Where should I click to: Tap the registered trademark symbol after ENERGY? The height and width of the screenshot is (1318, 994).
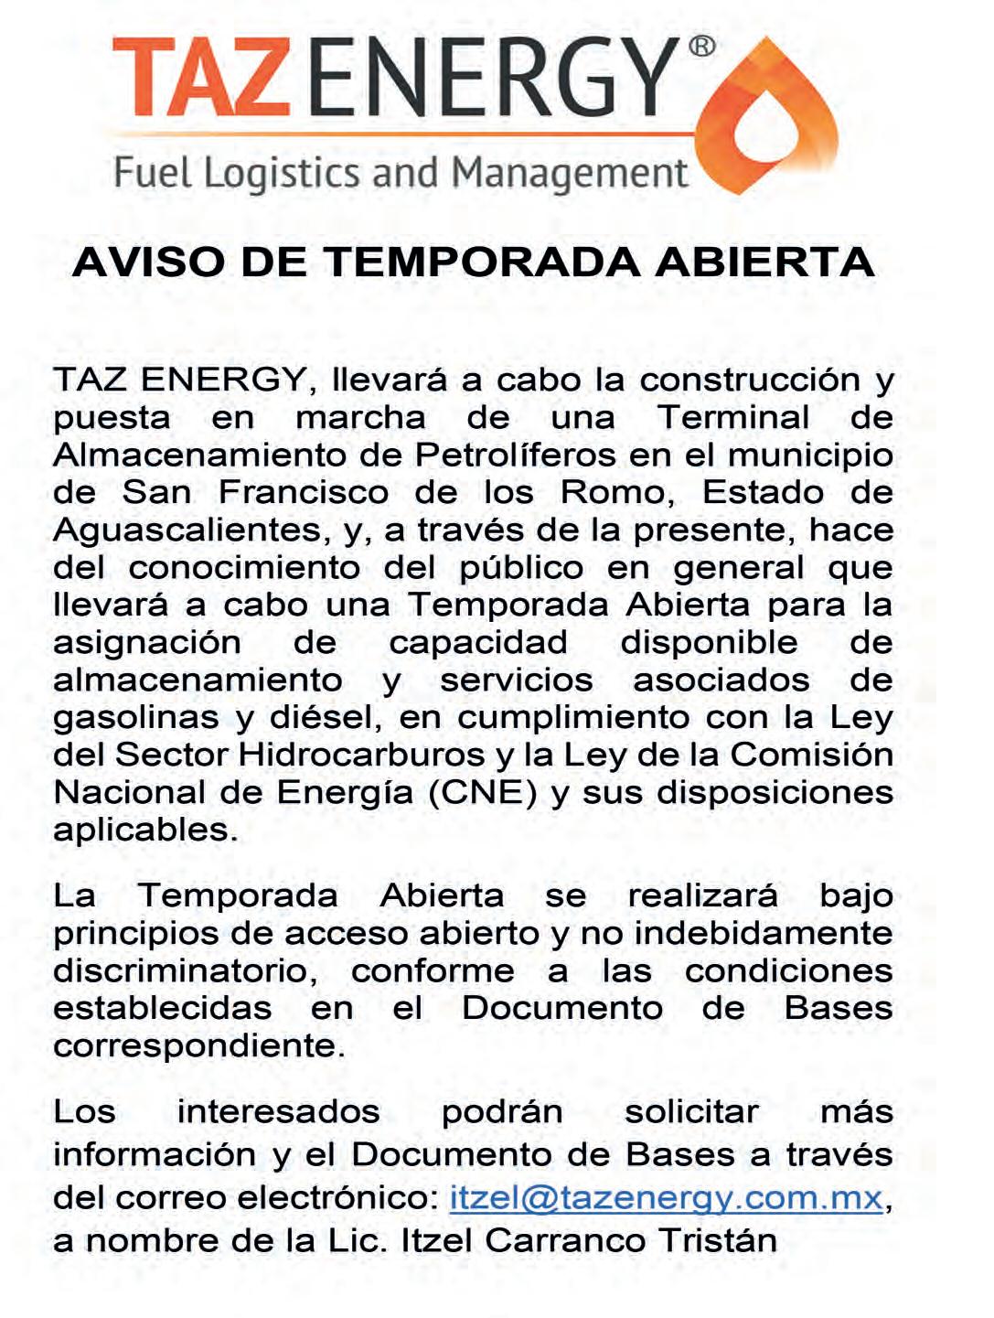[x=701, y=47]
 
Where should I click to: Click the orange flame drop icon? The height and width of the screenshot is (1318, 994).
[x=774, y=119]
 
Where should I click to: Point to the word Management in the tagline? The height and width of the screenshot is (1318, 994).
[x=570, y=174]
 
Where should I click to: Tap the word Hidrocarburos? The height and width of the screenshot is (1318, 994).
[x=361, y=755]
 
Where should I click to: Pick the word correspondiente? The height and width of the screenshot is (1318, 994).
[x=198, y=1046]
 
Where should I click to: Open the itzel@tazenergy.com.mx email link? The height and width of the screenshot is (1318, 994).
[x=666, y=1198]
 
